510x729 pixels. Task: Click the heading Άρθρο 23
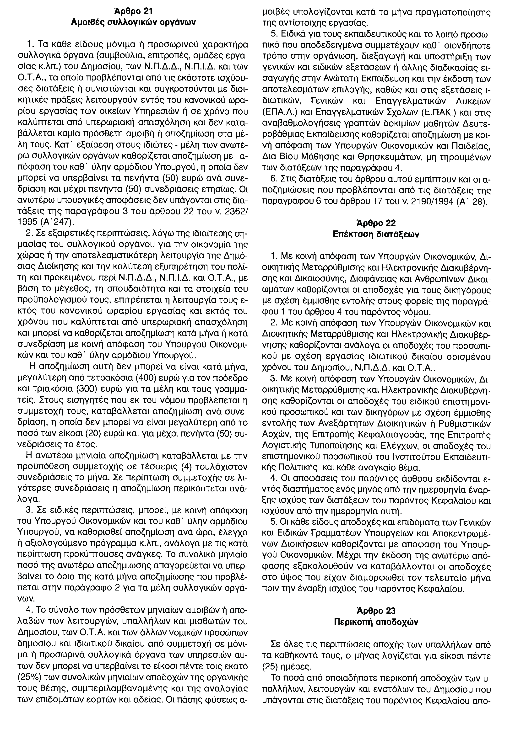point(376,611)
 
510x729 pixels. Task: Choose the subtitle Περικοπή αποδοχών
point(376,622)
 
